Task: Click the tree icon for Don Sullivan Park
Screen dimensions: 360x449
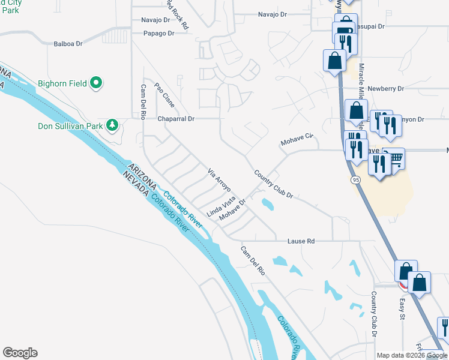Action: pyautogui.click(x=112, y=125)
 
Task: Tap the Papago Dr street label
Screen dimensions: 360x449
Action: pyautogui.click(x=158, y=34)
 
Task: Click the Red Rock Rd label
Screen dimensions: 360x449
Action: pyautogui.click(x=177, y=14)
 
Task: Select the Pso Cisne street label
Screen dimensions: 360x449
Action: pyautogui.click(x=164, y=95)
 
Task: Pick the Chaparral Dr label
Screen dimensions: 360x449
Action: pyautogui.click(x=176, y=119)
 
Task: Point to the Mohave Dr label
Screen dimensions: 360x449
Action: pyautogui.click(x=233, y=211)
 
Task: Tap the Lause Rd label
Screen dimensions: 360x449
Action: pyautogui.click(x=301, y=241)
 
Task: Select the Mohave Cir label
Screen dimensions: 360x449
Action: pyautogui.click(x=297, y=140)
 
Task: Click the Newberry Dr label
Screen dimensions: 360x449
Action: pyautogui.click(x=387, y=88)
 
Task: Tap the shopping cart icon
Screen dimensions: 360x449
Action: pyautogui.click(x=395, y=158)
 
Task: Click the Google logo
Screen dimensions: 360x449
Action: pyautogui.click(x=20, y=353)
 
